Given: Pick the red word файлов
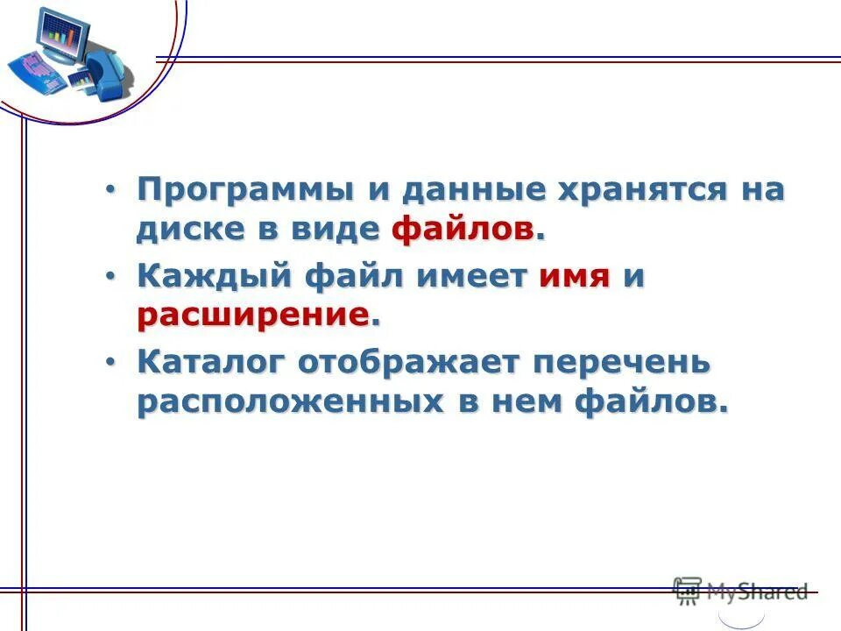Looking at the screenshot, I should pos(463,230).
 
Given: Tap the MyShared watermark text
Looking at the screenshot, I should pos(756,592).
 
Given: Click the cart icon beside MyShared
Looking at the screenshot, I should pos(688,591).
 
